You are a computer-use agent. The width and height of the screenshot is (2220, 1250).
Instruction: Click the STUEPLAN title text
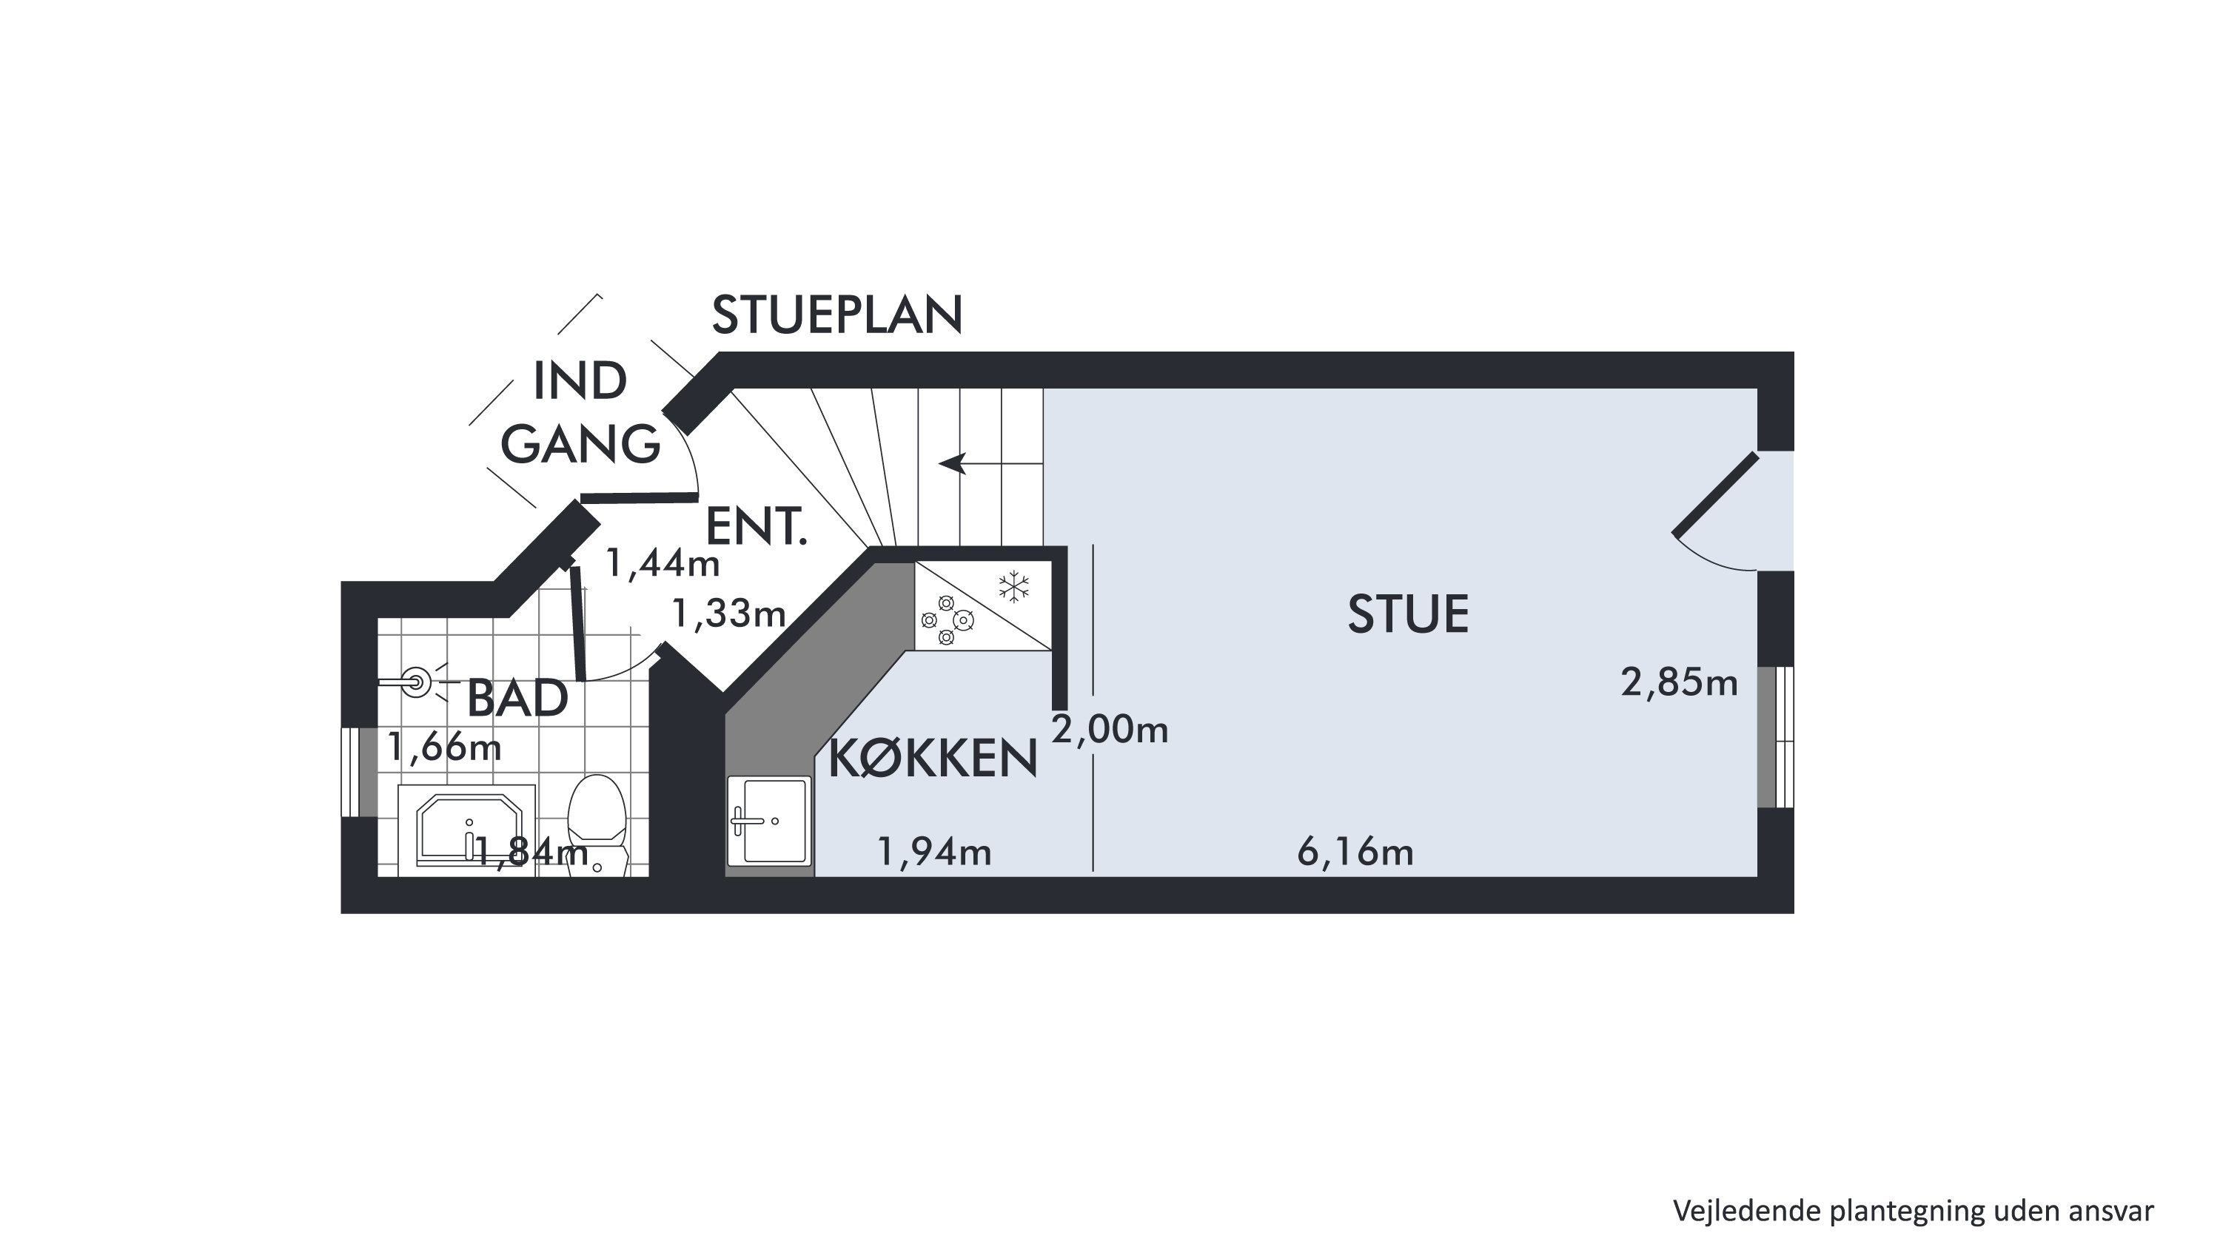836,315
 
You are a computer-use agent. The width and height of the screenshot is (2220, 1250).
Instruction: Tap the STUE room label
1407,615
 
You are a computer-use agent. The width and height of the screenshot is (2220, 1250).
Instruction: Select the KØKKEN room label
933,759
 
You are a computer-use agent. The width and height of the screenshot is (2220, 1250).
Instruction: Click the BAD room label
517,699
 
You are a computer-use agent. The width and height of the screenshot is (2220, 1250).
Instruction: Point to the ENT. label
756,526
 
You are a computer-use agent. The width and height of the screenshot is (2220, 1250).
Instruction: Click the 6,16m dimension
1355,853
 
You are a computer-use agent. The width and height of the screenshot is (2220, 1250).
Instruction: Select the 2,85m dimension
1679,683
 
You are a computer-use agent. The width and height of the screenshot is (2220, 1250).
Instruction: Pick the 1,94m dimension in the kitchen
934,852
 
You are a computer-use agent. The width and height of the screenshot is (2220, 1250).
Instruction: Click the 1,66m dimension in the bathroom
444,747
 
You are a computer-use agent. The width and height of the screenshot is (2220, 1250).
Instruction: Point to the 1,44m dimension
662,563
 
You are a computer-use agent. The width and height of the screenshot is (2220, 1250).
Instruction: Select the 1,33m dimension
728,614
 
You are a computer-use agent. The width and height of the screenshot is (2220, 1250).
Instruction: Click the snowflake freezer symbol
1014,587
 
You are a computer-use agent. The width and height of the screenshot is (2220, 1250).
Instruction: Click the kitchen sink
768,820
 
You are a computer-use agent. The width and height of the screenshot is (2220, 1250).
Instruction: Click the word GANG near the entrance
580,446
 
